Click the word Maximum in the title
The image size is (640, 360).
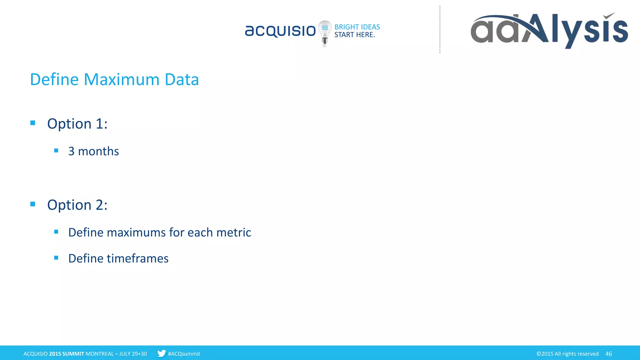[122, 79]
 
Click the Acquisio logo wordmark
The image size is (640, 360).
[280, 31]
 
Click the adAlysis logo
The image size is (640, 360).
[549, 30]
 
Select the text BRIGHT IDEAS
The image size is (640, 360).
[357, 27]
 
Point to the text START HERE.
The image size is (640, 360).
[354, 35]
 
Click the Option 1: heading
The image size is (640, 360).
[77, 124]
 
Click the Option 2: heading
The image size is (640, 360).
[77, 205]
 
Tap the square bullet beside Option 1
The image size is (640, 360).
[33, 123]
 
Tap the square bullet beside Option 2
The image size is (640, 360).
[33, 204]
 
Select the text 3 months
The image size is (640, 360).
[93, 151]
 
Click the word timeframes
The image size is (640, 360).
[137, 258]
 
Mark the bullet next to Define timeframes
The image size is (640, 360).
[56, 258]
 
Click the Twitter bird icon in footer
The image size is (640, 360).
[161, 353]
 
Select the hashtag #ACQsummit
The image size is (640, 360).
[184, 354]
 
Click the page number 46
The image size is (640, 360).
[608, 354]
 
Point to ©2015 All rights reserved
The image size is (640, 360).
[567, 354]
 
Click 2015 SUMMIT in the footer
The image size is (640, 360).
[67, 354]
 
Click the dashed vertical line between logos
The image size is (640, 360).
[440, 30]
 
